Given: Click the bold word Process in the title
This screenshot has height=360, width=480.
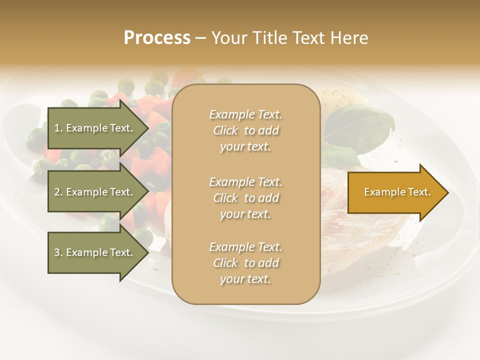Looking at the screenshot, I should pyautogui.click(x=157, y=38).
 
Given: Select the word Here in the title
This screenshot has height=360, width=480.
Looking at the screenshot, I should pyautogui.click(x=349, y=38).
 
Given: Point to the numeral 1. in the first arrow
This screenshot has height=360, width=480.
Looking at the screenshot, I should pyautogui.click(x=58, y=128).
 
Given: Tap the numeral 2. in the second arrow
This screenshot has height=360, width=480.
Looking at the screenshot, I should pyautogui.click(x=58, y=192).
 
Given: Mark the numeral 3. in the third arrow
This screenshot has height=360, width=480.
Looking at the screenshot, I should pyautogui.click(x=58, y=252).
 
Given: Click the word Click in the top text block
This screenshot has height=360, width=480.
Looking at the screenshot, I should pyautogui.click(x=225, y=130).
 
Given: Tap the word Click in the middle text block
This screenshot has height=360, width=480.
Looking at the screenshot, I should pyautogui.click(x=225, y=198).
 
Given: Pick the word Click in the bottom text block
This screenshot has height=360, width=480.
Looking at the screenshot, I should pyautogui.click(x=225, y=263).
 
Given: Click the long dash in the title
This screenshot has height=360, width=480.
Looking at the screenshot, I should pyautogui.click(x=200, y=38).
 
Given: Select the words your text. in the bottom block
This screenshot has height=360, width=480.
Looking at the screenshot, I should pyautogui.click(x=245, y=279).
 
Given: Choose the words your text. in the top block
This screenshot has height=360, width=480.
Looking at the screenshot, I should pyautogui.click(x=245, y=147).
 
